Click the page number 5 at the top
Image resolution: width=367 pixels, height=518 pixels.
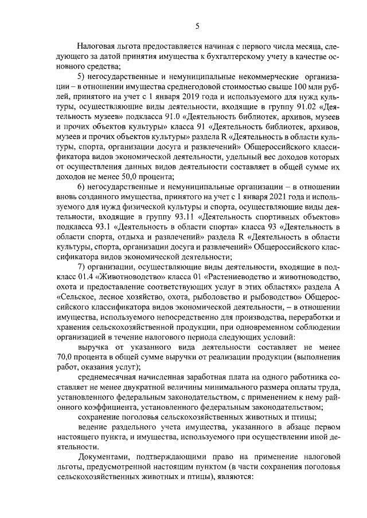click(x=197, y=25)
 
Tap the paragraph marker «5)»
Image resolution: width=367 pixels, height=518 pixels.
click(x=82, y=77)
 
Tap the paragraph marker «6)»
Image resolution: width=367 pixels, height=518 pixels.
click(x=82, y=189)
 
